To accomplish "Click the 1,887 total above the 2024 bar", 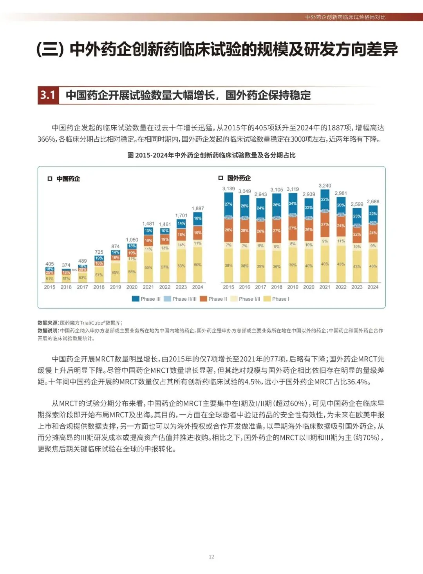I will click(x=198, y=209).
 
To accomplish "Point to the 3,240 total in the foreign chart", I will click(x=325, y=186).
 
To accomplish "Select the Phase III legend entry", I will click(x=146, y=299).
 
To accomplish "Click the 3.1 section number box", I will click(x=48, y=95).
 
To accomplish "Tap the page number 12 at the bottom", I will click(x=211, y=557).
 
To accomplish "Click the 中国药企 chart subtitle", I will click(x=68, y=179).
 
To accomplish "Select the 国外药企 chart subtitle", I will click(x=239, y=178).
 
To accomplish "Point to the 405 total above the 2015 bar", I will click(x=50, y=264).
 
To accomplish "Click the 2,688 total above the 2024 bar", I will click(x=373, y=202).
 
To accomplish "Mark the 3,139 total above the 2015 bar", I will click(x=228, y=189).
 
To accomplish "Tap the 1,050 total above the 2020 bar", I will click(x=132, y=240).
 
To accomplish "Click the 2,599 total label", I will click(x=357, y=204).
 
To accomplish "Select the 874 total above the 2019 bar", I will click(x=116, y=247).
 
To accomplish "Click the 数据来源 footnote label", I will click(x=48, y=323).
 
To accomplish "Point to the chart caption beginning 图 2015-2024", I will click(x=211, y=155).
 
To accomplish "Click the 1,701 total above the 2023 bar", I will click(x=181, y=216).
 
